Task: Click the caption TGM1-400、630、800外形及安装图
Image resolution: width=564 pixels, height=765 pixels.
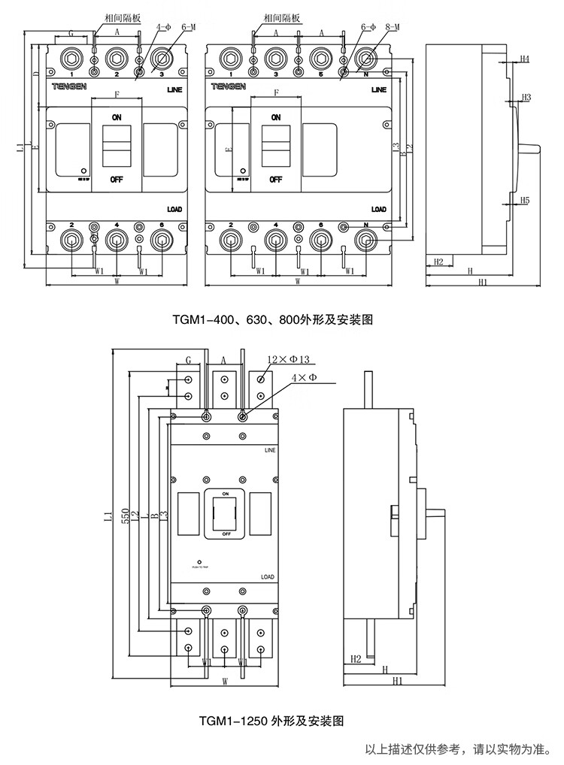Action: point(273,319)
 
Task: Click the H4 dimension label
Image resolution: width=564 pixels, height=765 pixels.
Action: point(525,59)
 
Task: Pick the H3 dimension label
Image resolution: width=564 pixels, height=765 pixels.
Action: point(526,98)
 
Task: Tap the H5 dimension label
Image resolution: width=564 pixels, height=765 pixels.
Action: point(525,201)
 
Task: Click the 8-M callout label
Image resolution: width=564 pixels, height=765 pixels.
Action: point(391,27)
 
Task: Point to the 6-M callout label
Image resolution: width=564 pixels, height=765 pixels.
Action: point(188,27)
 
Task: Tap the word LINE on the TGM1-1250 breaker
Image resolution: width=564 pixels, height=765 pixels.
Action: point(270,449)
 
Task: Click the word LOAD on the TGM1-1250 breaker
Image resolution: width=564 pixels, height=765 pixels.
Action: point(268,577)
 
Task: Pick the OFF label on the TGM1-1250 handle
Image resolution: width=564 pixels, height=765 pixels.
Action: point(226,533)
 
